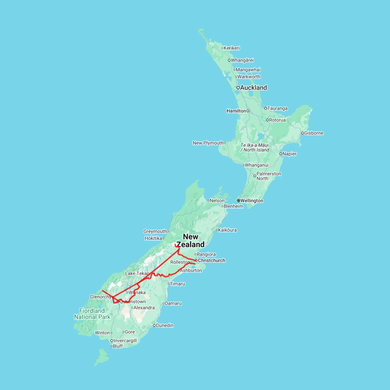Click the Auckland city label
pyautogui.click(x=254, y=88)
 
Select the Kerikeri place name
pyautogui.click(x=232, y=48)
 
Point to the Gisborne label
pyautogui.click(x=314, y=133)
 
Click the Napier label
pyautogui.click(x=290, y=154)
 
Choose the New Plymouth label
pyautogui.click(x=208, y=143)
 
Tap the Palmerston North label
pyautogui.click(x=269, y=176)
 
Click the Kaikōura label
pyautogui.click(x=227, y=230)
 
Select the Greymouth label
pyautogui.click(x=155, y=231)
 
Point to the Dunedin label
pyautogui.click(x=165, y=325)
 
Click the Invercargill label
pyautogui.click(x=125, y=341)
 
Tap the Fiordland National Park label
pyautogui.click(x=92, y=314)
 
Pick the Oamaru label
pyautogui.click(x=173, y=303)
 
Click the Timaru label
pyautogui.click(x=178, y=284)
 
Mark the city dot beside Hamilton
pyautogui.click(x=248, y=111)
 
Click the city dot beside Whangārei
pyautogui.click(x=229, y=60)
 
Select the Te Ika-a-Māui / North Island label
pyautogui.click(x=255, y=147)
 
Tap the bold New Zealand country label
pyautogui.click(x=191, y=240)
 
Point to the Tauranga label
pyautogui.click(x=278, y=108)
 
